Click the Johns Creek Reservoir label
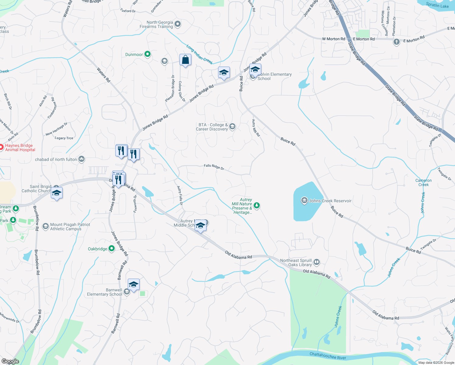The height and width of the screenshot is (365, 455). (x=330, y=201)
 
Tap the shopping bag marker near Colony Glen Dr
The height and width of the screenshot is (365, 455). (x=185, y=60)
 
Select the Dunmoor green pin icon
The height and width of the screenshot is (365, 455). (x=148, y=54)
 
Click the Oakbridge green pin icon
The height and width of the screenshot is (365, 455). (x=112, y=249)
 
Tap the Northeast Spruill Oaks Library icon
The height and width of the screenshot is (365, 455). (x=317, y=262)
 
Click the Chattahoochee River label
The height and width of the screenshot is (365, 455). (x=328, y=356)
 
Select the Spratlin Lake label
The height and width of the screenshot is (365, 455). (x=437, y=5)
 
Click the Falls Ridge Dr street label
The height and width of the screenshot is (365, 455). (x=214, y=167)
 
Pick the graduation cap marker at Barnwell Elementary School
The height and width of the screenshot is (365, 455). (x=134, y=285)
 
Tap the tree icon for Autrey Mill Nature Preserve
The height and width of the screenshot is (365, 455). (x=257, y=206)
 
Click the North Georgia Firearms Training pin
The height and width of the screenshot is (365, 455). (x=178, y=24)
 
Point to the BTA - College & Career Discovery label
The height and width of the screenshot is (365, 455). (x=212, y=127)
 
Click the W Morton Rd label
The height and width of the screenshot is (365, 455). (x=333, y=39)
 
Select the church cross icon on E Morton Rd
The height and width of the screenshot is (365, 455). (x=396, y=42)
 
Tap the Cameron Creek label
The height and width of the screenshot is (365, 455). (x=423, y=182)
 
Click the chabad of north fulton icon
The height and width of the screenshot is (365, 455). (x=82, y=159)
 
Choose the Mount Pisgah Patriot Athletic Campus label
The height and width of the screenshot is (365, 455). (x=70, y=227)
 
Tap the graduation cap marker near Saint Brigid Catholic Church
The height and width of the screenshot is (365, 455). (x=57, y=193)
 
